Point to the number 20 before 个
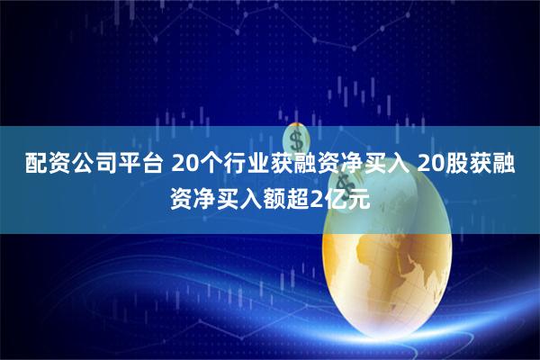(183, 164)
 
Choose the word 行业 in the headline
(247, 164)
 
